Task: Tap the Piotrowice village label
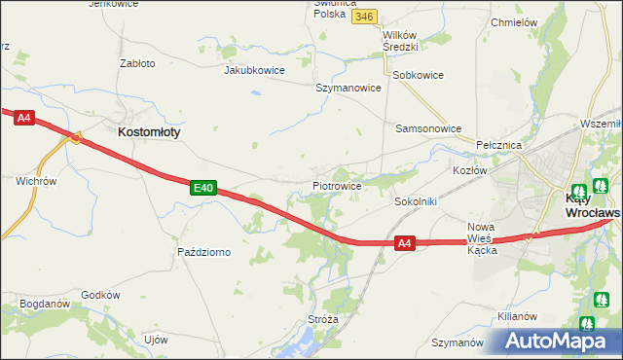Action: tap(337, 185)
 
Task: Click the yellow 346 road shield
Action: tap(365, 18)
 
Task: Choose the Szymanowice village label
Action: tap(348, 88)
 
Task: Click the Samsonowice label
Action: tap(427, 128)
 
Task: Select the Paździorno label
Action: tap(203, 252)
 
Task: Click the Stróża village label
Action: tap(321, 318)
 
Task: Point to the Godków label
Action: tap(100, 295)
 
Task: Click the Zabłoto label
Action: tap(136, 63)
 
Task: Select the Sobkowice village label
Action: tap(418, 75)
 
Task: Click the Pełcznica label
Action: tap(500, 145)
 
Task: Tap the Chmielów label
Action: tap(516, 22)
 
